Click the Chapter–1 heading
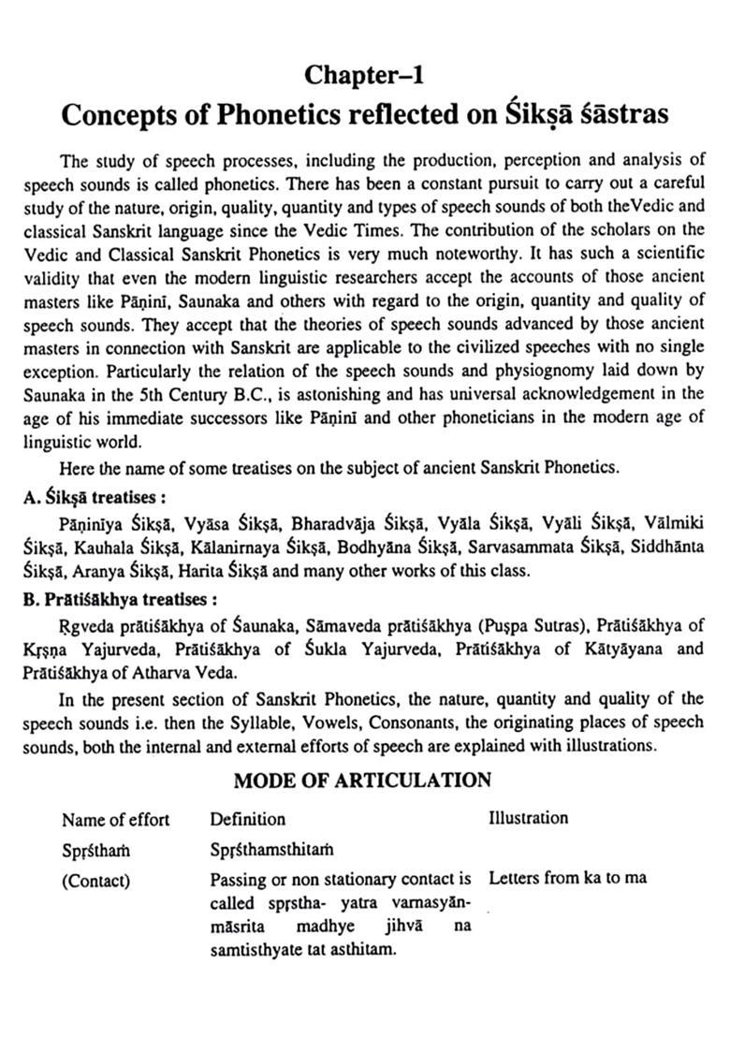363,72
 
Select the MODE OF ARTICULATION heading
362,780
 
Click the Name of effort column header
116,820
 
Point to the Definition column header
248,820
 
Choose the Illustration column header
528,818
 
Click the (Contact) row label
95,881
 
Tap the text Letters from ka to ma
567,879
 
